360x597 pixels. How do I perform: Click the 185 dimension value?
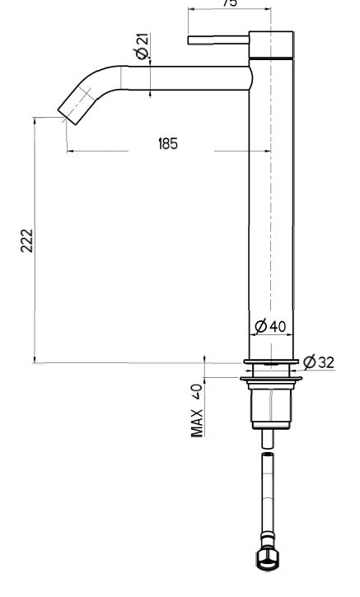pyautogui.click(x=167, y=143)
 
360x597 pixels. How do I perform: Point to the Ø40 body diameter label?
pyautogui.click(x=270, y=327)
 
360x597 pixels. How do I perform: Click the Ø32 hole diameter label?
pyautogui.click(x=319, y=361)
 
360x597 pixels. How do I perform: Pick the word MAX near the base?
pyautogui.click(x=197, y=422)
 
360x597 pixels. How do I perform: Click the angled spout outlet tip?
pyautogui.click(x=72, y=110)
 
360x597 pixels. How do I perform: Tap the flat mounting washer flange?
pyautogui.click(x=270, y=379)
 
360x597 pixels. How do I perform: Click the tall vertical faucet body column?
pyautogui.click(x=270, y=206)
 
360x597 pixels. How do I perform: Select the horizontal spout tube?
pyautogui.click(x=185, y=77)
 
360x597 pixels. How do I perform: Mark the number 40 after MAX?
pyautogui.click(x=197, y=390)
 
